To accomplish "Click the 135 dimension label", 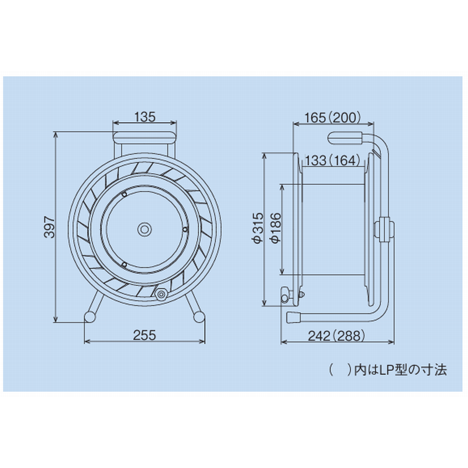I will pos(144,116).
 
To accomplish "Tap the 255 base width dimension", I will pos(144,335).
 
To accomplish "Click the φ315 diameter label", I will pos(256,228).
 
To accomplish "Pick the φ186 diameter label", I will pos(274,229).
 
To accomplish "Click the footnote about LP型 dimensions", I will pos(388,369).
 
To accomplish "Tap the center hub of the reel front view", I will pos(144,229).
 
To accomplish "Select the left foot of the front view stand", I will pos(91,316).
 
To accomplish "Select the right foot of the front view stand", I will pos(198,316).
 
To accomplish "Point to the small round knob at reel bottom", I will pos(160,294).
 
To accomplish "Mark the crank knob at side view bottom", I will pos(285,295).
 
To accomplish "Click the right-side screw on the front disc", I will pos(185,230).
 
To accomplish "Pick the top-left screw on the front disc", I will pos(124,194).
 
